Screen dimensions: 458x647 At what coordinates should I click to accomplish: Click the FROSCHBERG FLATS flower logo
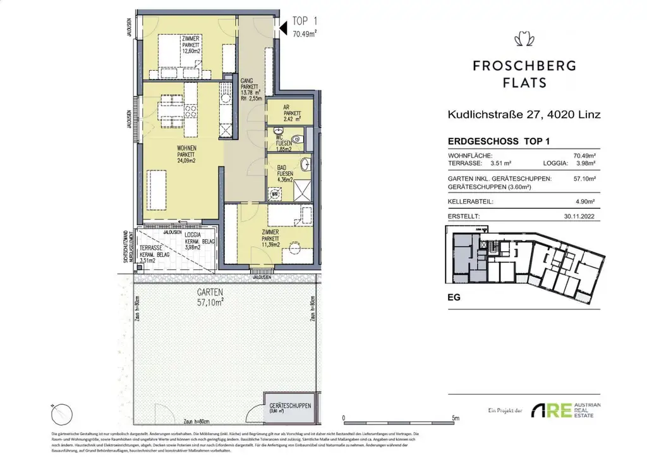pos(524,40)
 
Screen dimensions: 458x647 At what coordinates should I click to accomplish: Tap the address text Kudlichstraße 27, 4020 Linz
pos(523,114)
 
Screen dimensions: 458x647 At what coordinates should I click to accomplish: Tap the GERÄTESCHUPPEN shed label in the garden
pos(289,405)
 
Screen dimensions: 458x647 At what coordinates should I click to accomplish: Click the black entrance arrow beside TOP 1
pos(282,27)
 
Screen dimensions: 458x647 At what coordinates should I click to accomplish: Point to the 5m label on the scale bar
pos(456,418)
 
